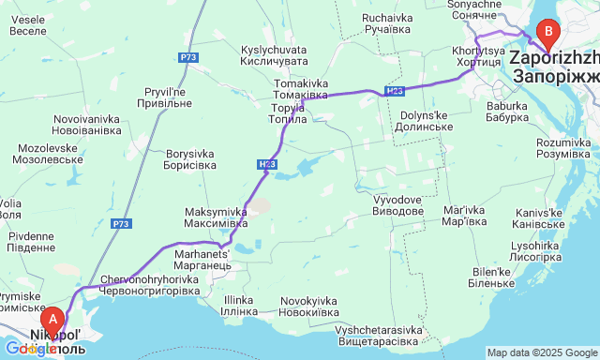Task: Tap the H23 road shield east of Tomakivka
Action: point(394,91)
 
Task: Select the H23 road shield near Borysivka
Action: point(265,165)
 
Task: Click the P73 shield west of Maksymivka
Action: point(120,223)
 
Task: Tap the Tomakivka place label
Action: point(301,89)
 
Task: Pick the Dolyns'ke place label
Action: point(427,121)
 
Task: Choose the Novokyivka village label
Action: point(308,307)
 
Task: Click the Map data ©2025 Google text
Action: point(542,352)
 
